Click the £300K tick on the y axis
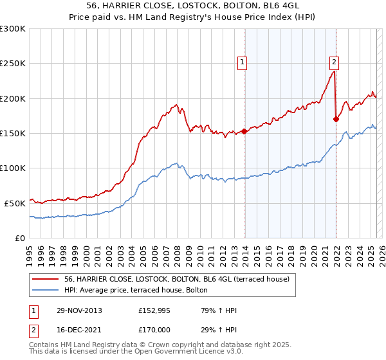click(13, 29)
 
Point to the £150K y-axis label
click(13, 133)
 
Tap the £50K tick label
click(15, 203)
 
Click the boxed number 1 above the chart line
click(243, 62)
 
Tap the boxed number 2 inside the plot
click(335, 62)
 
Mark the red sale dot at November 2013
click(244, 132)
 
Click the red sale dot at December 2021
click(336, 119)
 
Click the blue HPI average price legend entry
click(135, 290)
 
